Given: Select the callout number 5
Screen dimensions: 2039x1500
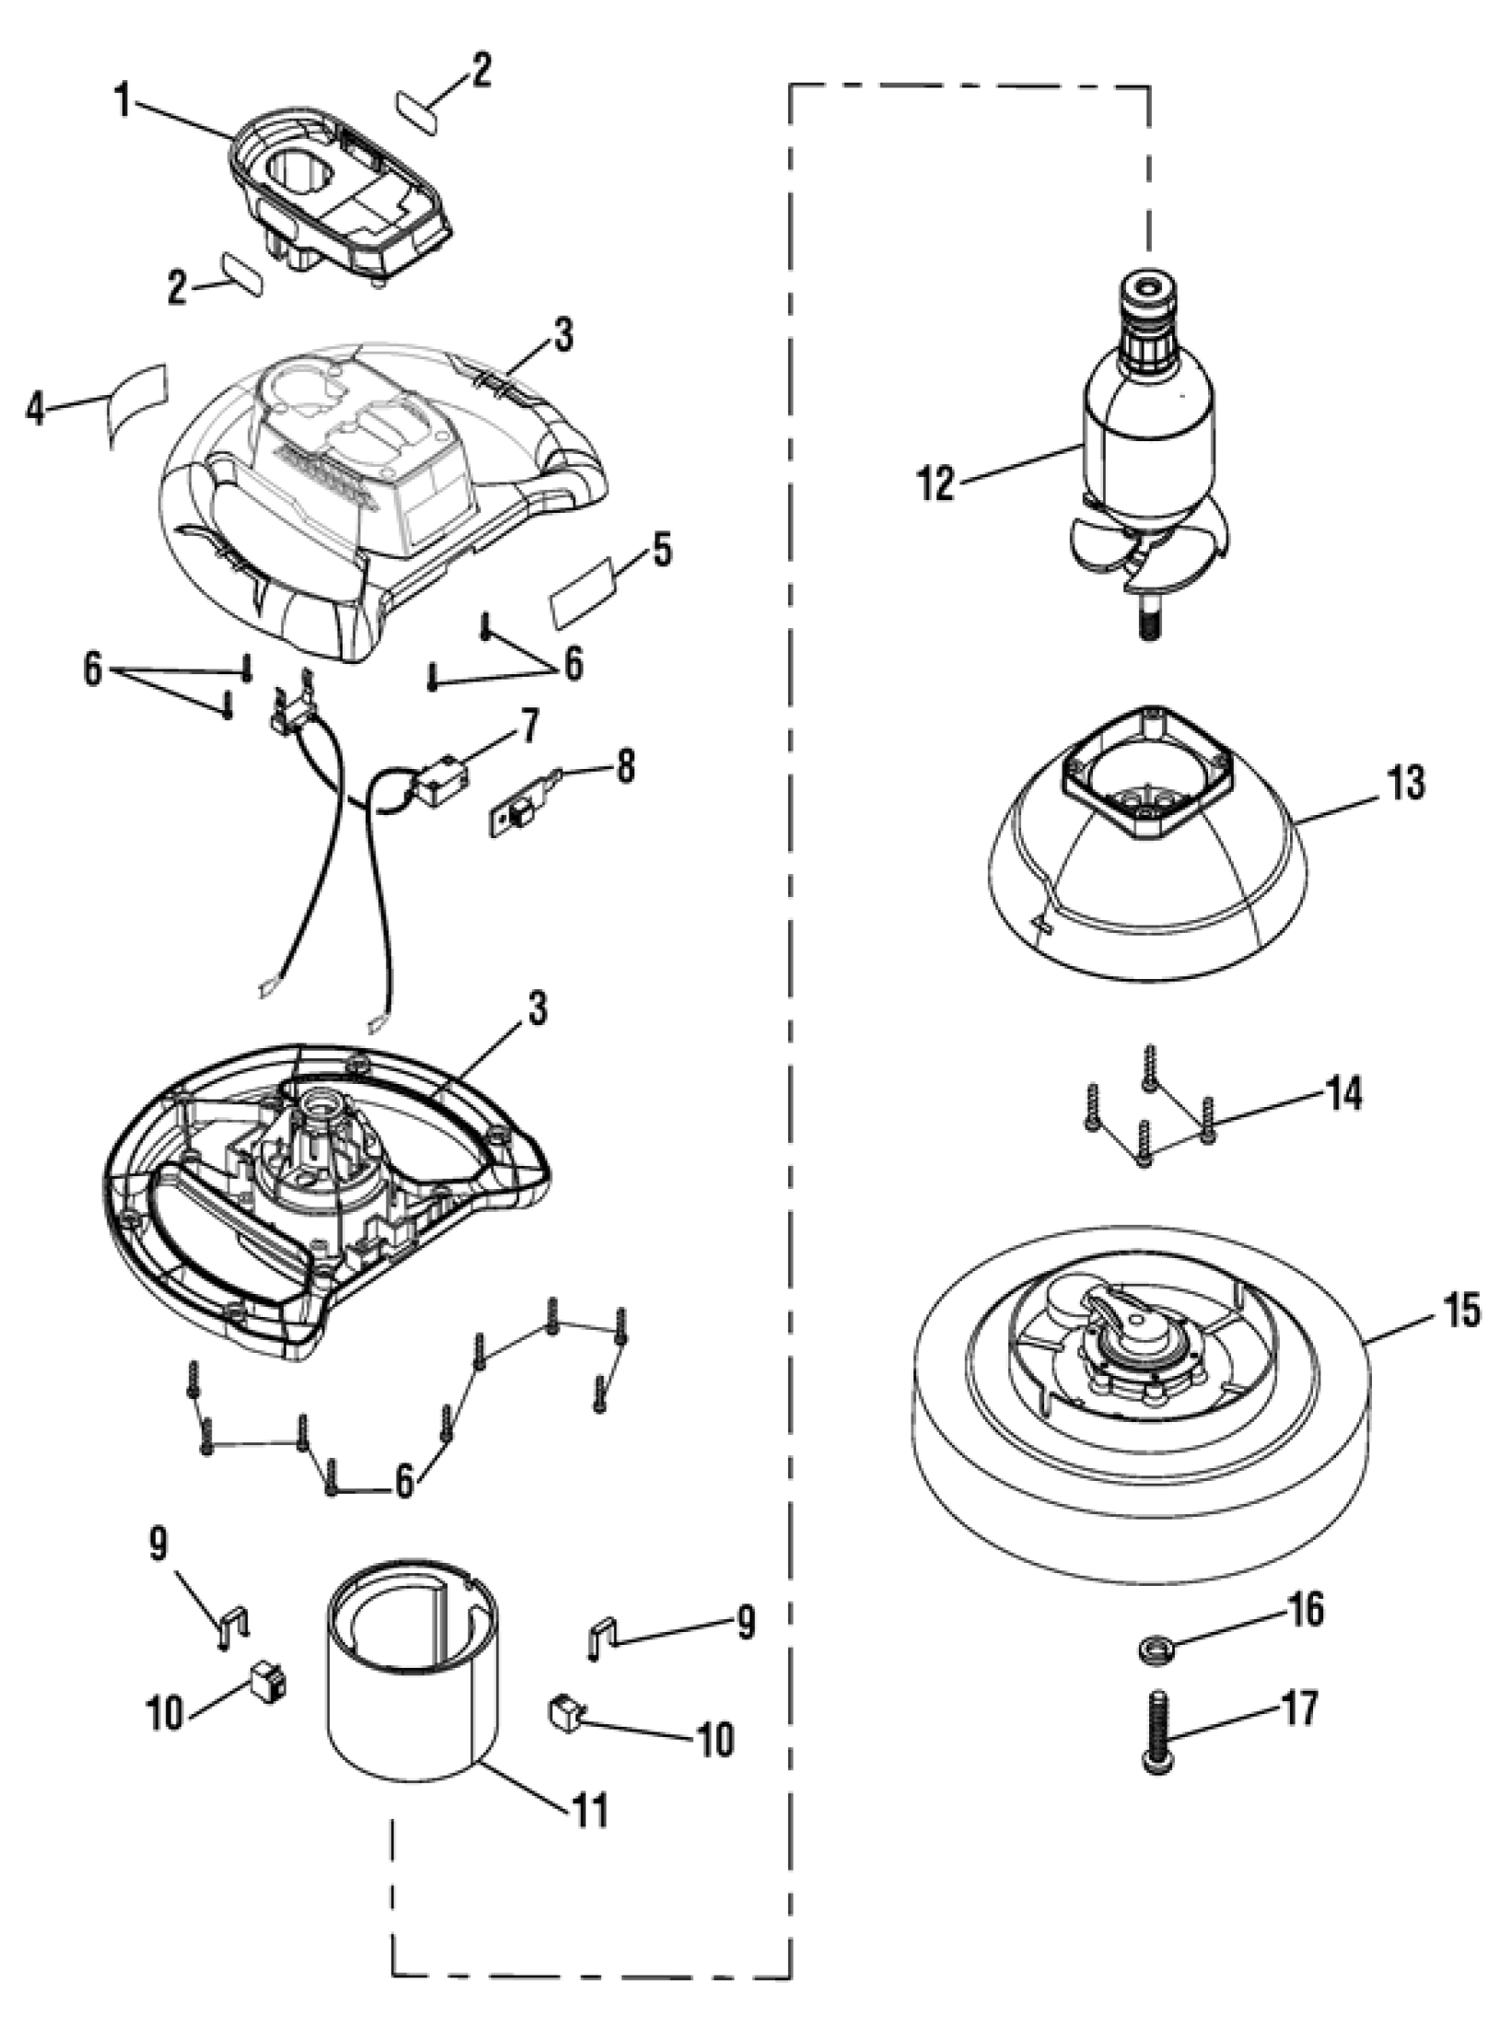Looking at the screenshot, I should click(661, 552).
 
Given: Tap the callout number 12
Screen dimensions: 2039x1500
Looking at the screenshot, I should click(936, 484).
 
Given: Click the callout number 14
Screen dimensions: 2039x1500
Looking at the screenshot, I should click(1343, 1096).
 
